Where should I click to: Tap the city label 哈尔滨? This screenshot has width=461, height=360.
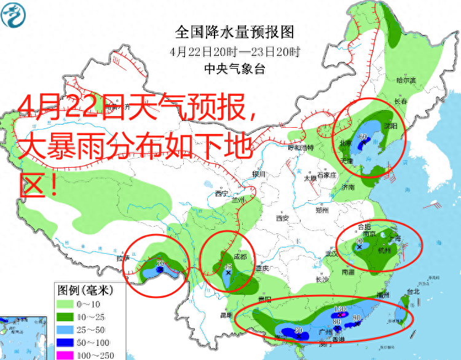coord(406,80)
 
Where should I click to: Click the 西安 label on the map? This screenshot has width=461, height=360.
coord(282,218)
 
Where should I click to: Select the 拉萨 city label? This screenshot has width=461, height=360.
coord(123,258)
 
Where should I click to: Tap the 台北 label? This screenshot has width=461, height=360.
coord(412,292)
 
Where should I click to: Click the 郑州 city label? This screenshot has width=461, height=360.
coord(321,210)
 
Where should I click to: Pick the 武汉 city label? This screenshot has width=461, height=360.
coord(333,254)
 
